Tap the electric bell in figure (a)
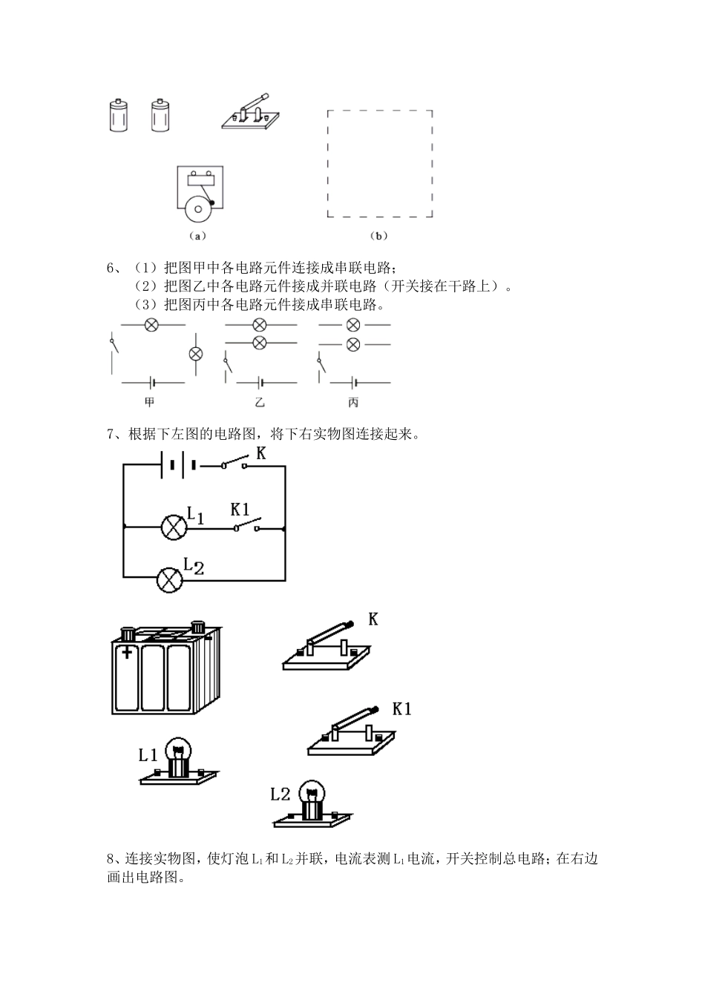(x=197, y=195)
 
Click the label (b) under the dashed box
(x=378, y=236)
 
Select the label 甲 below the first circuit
(x=151, y=402)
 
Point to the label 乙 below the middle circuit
(x=259, y=402)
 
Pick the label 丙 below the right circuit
(x=353, y=402)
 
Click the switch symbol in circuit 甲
(x=113, y=346)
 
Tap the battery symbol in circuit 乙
(x=260, y=382)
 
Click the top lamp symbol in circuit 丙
(x=353, y=325)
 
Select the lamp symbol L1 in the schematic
(x=174, y=527)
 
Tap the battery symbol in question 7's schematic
(x=178, y=466)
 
